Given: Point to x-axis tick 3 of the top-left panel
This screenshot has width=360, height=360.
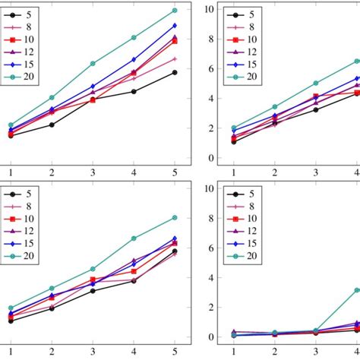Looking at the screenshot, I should pyautogui.click(x=93, y=173).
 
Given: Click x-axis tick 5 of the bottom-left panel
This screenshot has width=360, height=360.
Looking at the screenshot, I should pyautogui.click(x=175, y=352).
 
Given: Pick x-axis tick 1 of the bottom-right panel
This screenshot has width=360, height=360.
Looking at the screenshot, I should pyautogui.click(x=233, y=352).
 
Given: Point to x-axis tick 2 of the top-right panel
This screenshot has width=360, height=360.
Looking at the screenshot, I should pyautogui.click(x=274, y=173).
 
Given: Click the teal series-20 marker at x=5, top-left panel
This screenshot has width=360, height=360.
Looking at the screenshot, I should pyautogui.click(x=175, y=11).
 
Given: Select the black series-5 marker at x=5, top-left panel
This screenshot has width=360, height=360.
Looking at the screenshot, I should pyautogui.click(x=175, y=72).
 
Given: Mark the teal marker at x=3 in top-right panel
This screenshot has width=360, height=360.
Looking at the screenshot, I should pyautogui.click(x=315, y=84).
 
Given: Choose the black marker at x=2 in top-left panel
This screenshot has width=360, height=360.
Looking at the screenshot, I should pyautogui.click(x=52, y=125).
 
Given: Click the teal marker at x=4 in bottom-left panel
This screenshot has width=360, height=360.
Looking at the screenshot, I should pyautogui.click(x=134, y=238).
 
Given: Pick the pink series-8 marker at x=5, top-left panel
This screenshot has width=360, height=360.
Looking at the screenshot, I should pyautogui.click(x=175, y=58).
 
